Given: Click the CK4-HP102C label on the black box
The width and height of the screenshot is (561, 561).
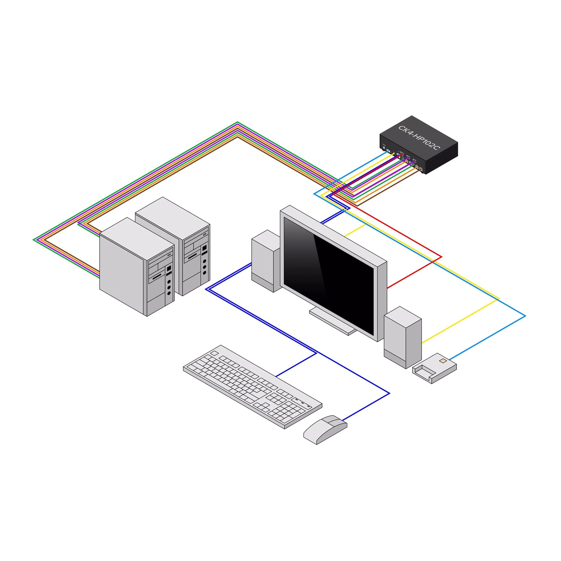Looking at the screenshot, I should tap(419, 138).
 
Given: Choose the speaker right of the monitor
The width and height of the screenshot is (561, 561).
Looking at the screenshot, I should tap(403, 337).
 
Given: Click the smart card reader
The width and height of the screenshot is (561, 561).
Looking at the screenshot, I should tap(434, 368).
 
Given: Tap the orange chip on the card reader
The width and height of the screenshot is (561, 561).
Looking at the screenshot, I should tap(443, 361).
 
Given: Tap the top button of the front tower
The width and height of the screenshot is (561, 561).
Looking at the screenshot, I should tap(169, 282).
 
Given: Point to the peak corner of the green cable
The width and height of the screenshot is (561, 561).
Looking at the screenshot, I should tap(238, 122).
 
